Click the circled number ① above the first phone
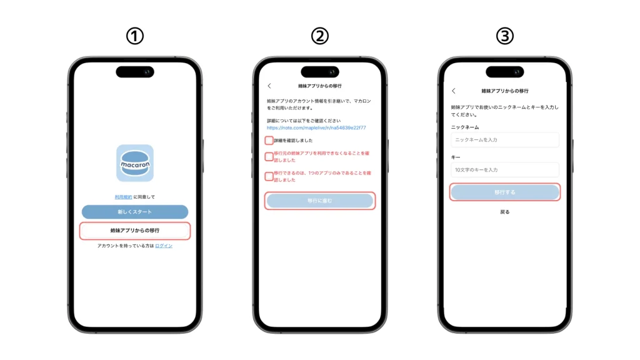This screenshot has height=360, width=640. pos(134,36)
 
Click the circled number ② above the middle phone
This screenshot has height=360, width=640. pos(319,36)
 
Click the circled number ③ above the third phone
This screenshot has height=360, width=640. pos(504,36)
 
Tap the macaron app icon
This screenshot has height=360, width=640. pos(134,162)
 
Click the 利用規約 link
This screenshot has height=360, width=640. pos(123,197)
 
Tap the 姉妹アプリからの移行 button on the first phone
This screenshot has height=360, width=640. pos(134,231)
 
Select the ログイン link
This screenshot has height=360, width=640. pos(164,246)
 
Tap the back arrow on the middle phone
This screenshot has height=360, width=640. pos(269,86)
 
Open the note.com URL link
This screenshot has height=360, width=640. pos(316,127)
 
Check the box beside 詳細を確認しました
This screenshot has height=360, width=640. pos(269,141)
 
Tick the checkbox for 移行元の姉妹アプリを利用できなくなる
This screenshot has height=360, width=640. pos(269,156)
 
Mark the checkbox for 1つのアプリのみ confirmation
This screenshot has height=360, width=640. pos(269,176)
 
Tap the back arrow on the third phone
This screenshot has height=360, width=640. pos(454,91)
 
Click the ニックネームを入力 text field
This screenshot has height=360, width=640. pos(504,139)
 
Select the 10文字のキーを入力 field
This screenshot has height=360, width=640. pos(504,169)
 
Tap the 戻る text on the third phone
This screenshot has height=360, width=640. pos(504,212)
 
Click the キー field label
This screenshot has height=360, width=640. pos(456,157)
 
